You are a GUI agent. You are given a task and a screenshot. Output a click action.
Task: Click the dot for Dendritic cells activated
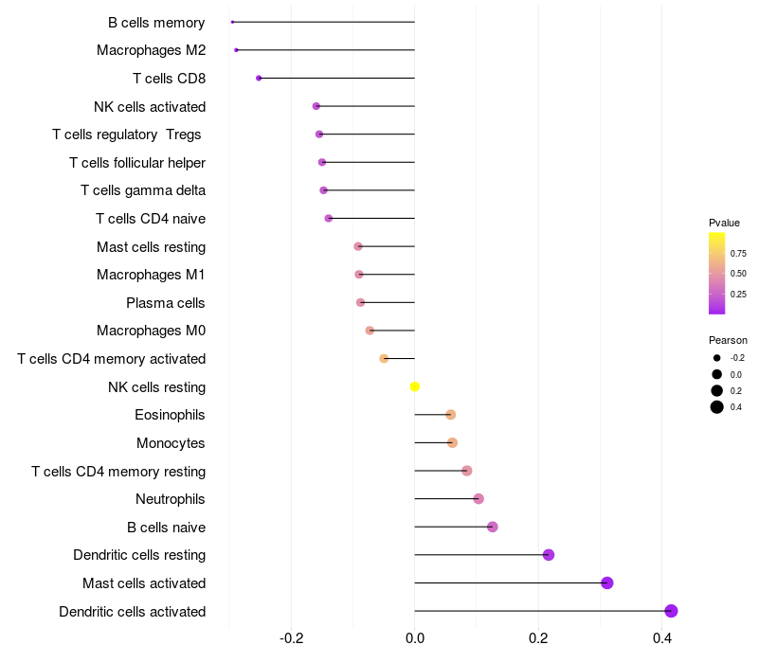(x=671, y=611)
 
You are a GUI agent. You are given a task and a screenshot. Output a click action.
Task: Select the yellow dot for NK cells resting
(x=415, y=386)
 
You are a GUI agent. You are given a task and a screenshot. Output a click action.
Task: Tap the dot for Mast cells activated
(x=607, y=582)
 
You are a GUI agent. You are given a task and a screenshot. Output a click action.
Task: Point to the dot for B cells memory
(x=232, y=22)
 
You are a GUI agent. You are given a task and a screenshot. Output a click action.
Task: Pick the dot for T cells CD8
(x=259, y=78)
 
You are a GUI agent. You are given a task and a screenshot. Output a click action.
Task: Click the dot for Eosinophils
(x=451, y=415)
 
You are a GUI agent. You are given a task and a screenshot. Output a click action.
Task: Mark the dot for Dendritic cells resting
(x=549, y=555)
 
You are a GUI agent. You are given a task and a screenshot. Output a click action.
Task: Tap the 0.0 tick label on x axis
(x=415, y=639)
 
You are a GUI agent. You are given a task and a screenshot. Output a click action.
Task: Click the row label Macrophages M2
(x=152, y=50)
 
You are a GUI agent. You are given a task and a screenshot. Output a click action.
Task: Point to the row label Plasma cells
(x=166, y=303)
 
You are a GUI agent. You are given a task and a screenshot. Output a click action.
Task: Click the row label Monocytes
(x=171, y=443)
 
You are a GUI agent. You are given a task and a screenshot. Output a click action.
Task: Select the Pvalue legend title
(x=724, y=223)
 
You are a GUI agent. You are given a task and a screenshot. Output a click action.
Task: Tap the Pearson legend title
(x=728, y=340)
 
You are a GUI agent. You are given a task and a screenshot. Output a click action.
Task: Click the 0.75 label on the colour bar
(x=738, y=254)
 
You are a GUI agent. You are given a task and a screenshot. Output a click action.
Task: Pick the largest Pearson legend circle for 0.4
(x=717, y=407)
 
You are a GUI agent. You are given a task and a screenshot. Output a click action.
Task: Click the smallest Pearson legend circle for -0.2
(x=717, y=358)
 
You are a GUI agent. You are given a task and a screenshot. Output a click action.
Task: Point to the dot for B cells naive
(x=493, y=527)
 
